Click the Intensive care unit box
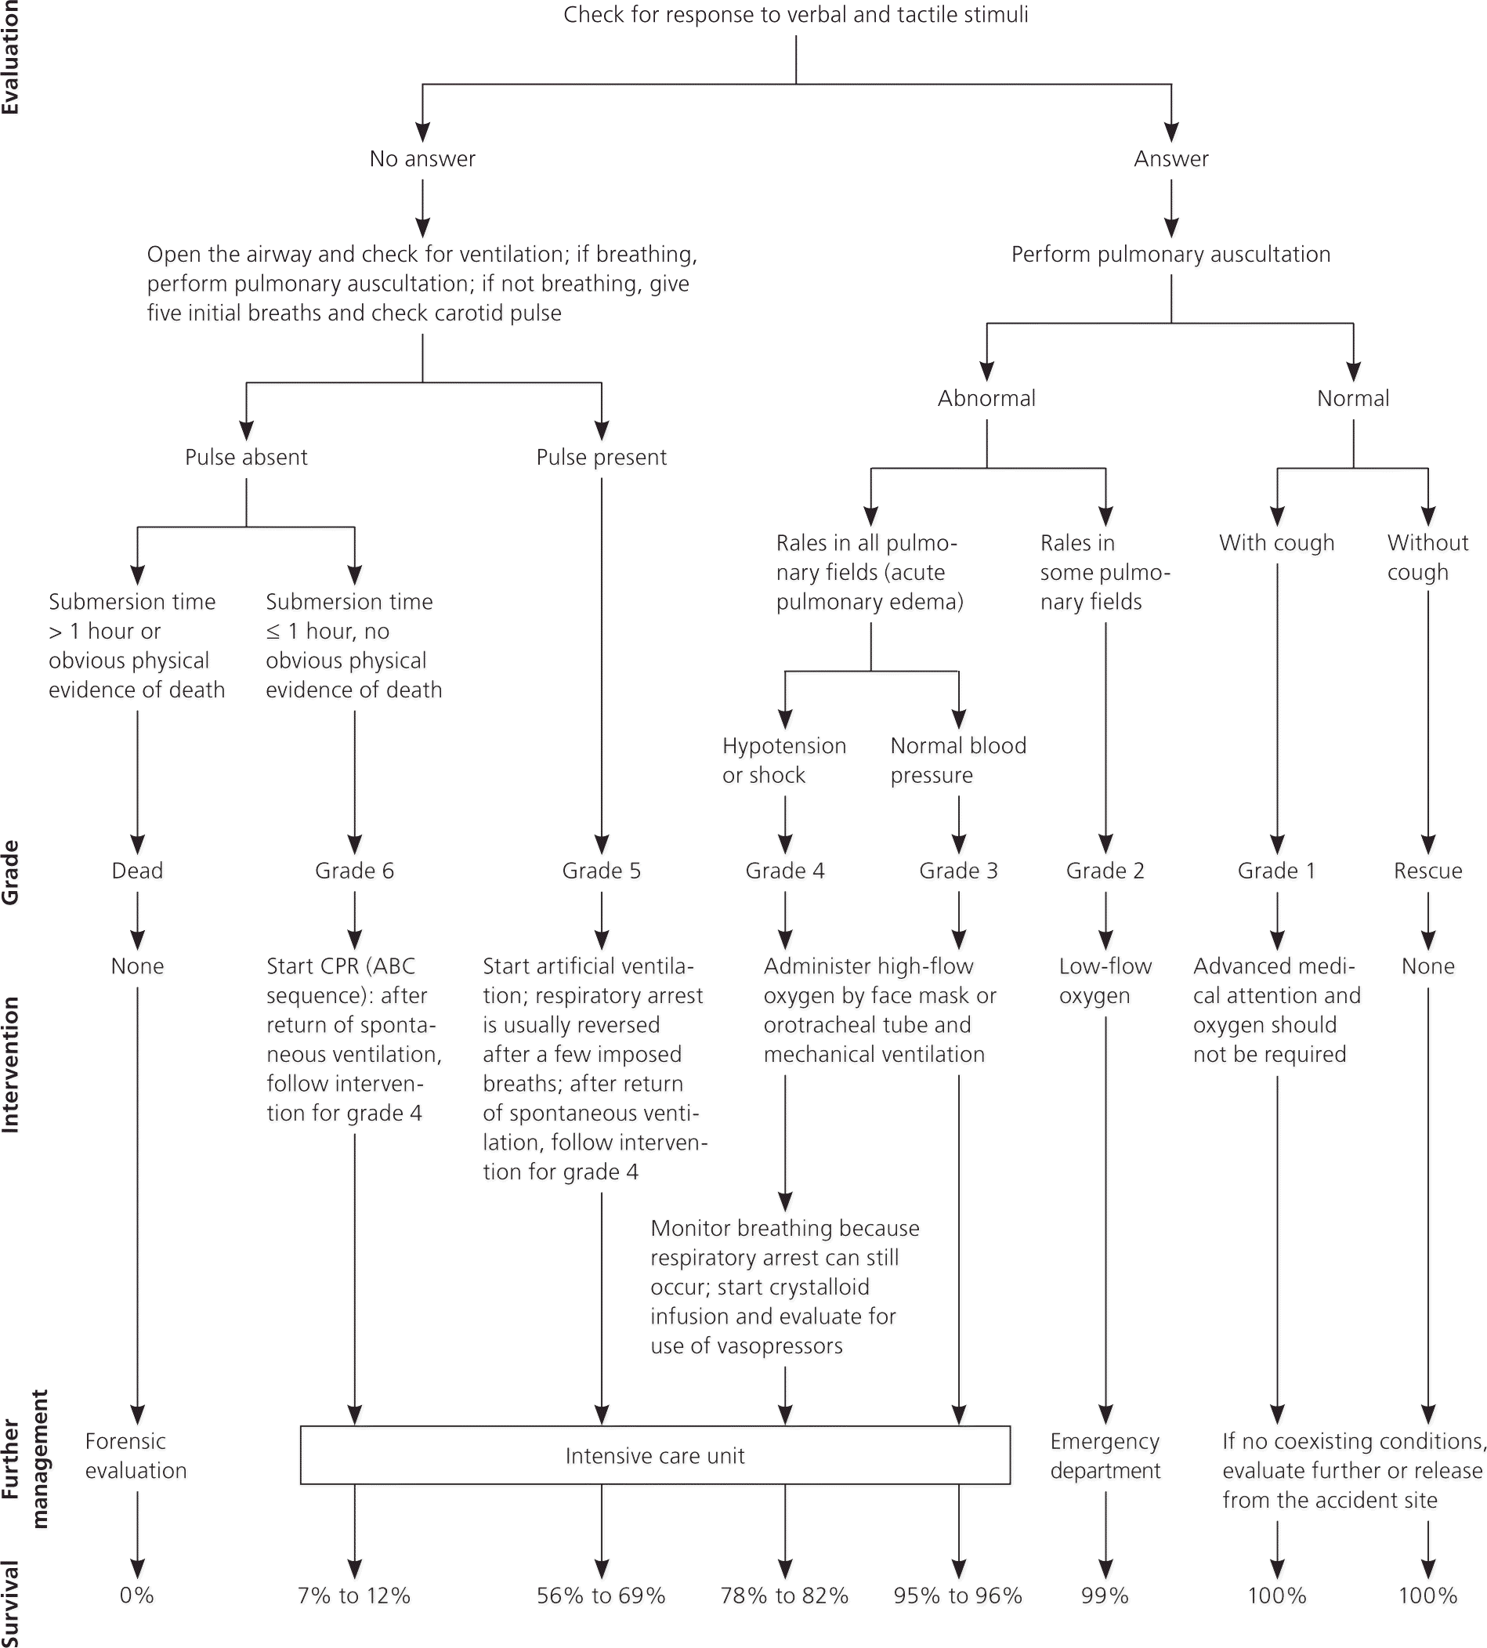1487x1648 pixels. [x=654, y=1455]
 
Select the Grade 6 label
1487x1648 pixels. [x=355, y=871]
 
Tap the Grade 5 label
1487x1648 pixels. [x=602, y=871]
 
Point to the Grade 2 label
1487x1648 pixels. [x=1105, y=871]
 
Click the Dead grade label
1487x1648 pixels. [x=137, y=871]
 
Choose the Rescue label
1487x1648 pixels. [x=1427, y=871]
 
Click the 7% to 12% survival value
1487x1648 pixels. [x=354, y=1595]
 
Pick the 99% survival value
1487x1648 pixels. [x=1105, y=1595]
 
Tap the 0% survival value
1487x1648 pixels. [x=136, y=1595]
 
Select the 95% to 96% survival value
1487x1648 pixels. [x=957, y=1595]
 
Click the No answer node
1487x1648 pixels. [x=422, y=158]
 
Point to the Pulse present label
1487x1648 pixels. [x=602, y=458]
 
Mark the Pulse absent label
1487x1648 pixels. [x=246, y=458]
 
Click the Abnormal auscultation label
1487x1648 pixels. [x=986, y=399]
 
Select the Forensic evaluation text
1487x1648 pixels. [x=136, y=1456]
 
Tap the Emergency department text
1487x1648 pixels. [x=1105, y=1456]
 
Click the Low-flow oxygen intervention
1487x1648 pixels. [x=1105, y=980]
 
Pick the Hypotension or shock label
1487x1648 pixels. [x=783, y=760]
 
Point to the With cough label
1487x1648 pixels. [x=1276, y=543]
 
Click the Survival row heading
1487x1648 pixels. [x=11, y=1603]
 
